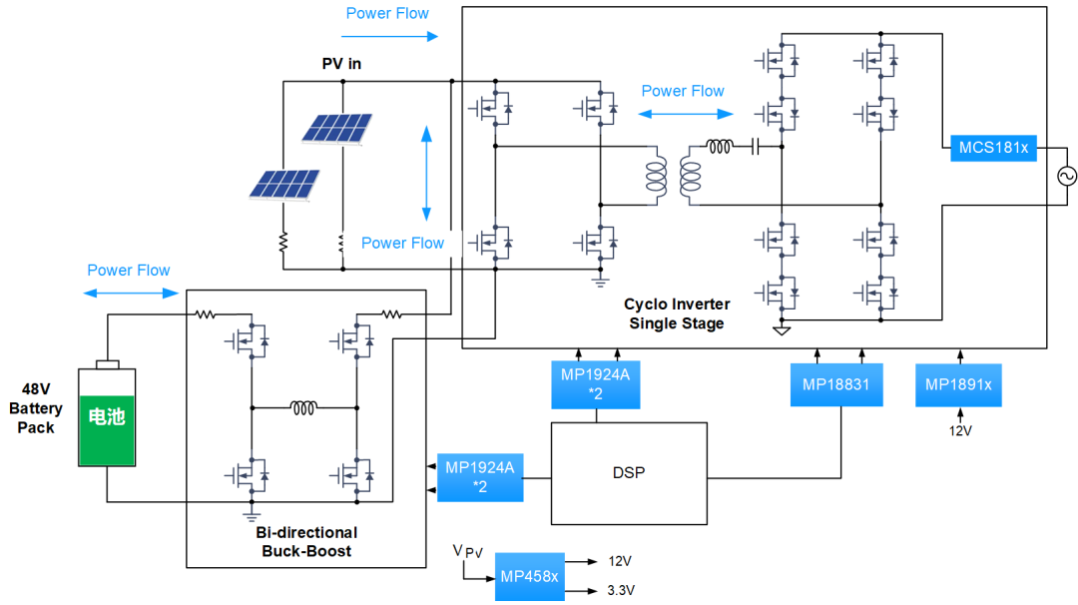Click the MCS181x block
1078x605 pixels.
pyautogui.click(x=993, y=148)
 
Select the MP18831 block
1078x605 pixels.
pyautogui.click(x=836, y=385)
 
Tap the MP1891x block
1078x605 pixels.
pyautogui.click(x=958, y=385)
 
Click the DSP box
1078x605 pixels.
pyautogui.click(x=629, y=473)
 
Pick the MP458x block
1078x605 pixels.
pyautogui.click(x=529, y=577)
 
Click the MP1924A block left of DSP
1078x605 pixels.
pyautogui.click(x=480, y=477)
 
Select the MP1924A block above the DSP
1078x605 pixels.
pyautogui.click(x=595, y=384)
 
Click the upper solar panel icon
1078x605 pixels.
pyautogui.click(x=337, y=129)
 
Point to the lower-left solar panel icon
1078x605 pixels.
pyautogui.click(x=283, y=185)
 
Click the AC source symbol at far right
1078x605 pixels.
pyautogui.click(x=1067, y=177)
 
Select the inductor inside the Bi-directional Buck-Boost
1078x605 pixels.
pyautogui.click(x=303, y=408)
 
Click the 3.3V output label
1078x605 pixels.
pyautogui.click(x=621, y=591)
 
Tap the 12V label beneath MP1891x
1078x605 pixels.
pyautogui.click(x=960, y=431)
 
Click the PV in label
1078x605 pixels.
pyautogui.click(x=341, y=64)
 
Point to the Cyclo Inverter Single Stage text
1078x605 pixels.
pyautogui.click(x=677, y=313)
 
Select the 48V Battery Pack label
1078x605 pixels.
pyautogui.click(x=36, y=408)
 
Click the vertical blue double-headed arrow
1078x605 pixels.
pyautogui.click(x=426, y=174)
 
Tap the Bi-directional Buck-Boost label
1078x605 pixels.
pyautogui.click(x=306, y=542)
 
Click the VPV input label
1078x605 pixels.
pyautogui.click(x=467, y=551)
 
